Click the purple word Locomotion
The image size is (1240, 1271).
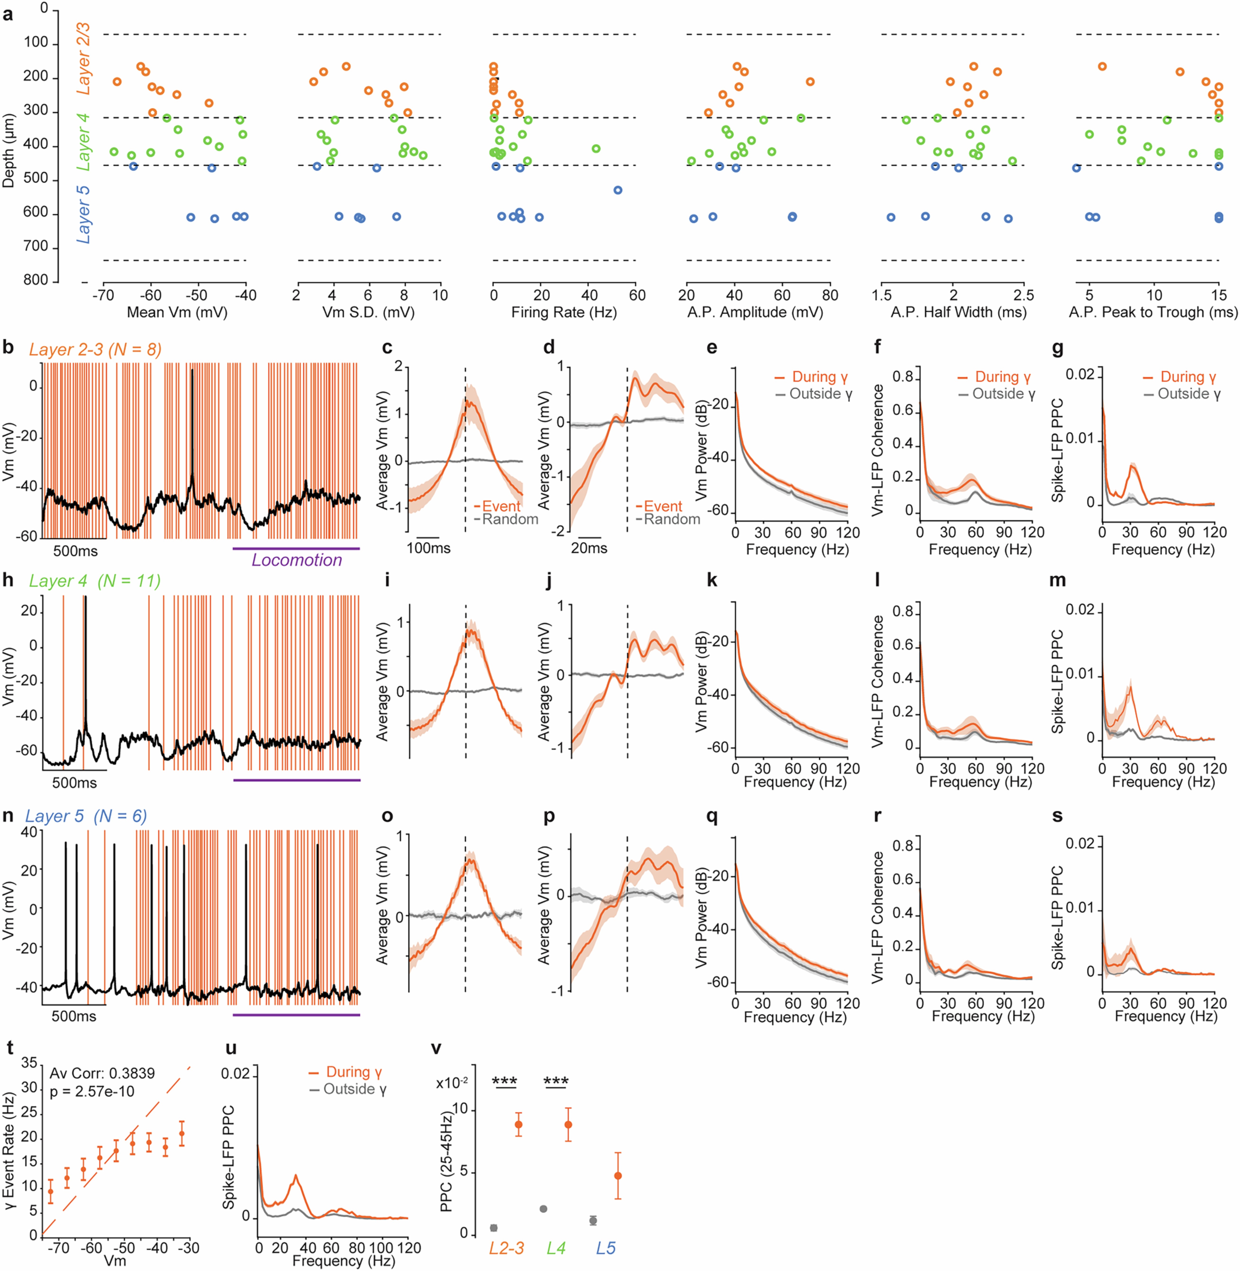point(297,560)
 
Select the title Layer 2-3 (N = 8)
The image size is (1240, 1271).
point(95,350)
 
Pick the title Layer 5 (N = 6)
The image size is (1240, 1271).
point(86,816)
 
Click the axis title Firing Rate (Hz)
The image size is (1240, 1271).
point(564,312)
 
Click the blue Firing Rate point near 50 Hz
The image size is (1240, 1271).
point(618,190)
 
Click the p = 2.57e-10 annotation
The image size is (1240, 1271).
point(93,1091)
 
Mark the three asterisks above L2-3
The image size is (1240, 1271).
point(505,1082)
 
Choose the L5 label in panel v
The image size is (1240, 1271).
point(606,1248)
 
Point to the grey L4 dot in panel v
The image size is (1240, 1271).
point(543,1209)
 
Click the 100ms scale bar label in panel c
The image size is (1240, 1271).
point(429,548)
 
